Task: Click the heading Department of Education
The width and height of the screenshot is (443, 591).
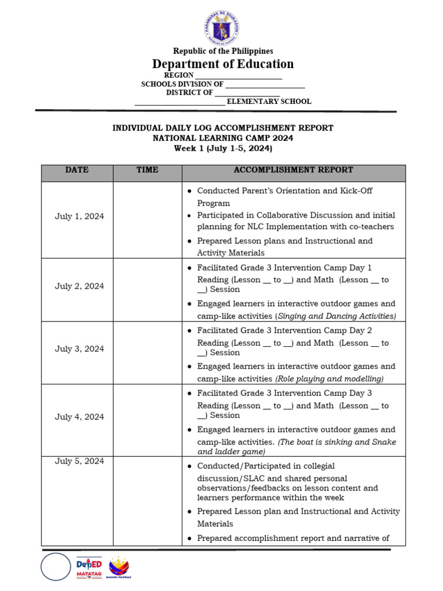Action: (223, 64)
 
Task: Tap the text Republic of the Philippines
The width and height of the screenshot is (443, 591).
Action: (223, 51)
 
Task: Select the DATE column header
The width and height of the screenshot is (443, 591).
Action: (77, 170)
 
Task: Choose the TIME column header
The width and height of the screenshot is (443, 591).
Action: (147, 170)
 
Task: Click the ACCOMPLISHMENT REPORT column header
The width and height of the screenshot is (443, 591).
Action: (293, 170)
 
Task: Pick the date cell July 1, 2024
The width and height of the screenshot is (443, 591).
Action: (80, 216)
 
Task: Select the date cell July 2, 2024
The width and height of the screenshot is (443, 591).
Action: (80, 286)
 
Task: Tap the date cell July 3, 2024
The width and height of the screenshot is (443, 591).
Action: (80, 349)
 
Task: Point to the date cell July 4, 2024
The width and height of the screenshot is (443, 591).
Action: (80, 417)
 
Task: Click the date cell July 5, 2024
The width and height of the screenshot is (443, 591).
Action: (80, 461)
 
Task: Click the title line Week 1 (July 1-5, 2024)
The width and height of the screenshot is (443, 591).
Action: (223, 148)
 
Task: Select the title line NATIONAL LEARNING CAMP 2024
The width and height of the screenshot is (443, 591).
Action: (223, 139)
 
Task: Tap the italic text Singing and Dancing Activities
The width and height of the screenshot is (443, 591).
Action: (336, 316)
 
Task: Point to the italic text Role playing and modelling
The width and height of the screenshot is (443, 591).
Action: (330, 379)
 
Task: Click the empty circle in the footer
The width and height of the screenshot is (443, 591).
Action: (55, 567)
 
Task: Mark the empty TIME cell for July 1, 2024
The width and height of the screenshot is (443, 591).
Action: (147, 219)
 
